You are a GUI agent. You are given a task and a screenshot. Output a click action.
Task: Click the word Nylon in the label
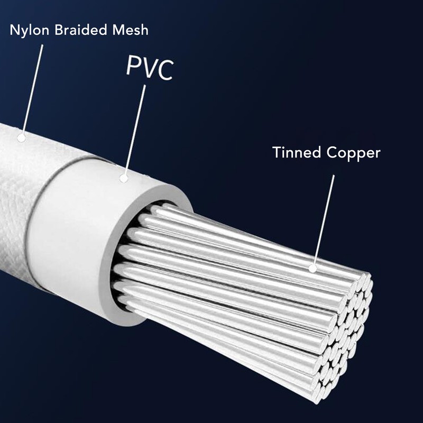click(29, 31)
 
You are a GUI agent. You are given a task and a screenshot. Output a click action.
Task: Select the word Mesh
click(131, 30)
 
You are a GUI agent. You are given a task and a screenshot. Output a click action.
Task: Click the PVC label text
click(150, 68)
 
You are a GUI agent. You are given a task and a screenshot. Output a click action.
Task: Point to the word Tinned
click(297, 152)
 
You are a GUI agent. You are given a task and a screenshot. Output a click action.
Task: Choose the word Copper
click(353, 153)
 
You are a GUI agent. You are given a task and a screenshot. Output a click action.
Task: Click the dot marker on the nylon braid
click(21, 138)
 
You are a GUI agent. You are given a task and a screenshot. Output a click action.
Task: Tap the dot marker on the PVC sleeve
click(124, 178)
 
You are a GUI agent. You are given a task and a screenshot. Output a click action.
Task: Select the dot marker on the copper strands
click(312, 268)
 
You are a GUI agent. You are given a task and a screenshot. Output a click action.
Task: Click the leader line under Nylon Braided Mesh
click(32, 89)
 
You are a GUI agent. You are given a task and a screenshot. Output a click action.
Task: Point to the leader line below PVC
click(135, 130)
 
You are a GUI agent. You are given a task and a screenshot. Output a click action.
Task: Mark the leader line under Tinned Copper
click(324, 220)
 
